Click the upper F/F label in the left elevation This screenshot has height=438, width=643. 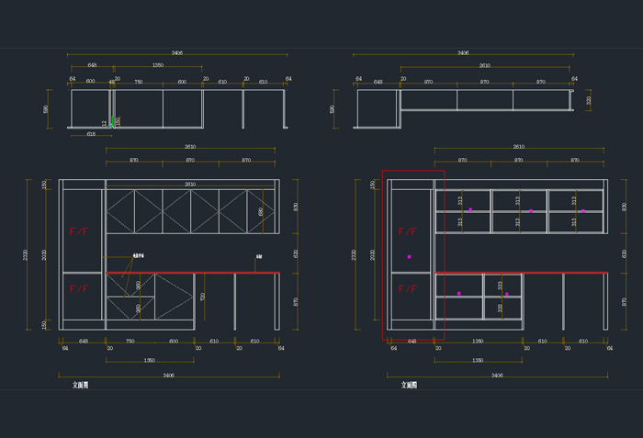[79, 231]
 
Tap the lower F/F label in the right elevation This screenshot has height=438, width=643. [407, 288]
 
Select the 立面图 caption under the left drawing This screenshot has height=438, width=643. [81, 386]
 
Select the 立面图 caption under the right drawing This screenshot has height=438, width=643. [409, 386]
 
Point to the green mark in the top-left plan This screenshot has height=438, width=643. [112, 121]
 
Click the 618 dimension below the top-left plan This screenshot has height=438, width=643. [91, 134]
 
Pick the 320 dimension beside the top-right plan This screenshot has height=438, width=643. [589, 100]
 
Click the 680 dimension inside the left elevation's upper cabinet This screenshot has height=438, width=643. [261, 211]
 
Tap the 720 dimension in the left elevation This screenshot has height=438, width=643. [203, 298]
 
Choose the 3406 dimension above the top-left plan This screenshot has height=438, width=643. [176, 53]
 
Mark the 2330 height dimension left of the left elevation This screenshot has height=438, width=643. [26, 254]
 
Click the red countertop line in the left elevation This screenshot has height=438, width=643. [193, 273]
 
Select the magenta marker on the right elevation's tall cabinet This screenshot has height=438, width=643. [410, 256]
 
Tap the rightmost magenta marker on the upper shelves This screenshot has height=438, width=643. [582, 211]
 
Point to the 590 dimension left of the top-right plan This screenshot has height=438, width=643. [333, 108]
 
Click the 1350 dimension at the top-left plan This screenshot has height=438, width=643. [157, 65]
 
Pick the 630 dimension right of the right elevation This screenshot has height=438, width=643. [624, 253]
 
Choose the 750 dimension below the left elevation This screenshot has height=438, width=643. [130, 341]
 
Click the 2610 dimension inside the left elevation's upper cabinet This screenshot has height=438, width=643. [190, 185]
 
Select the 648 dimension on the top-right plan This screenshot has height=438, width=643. [378, 81]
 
